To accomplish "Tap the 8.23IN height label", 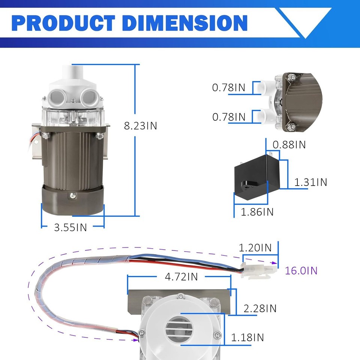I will (x=141, y=126).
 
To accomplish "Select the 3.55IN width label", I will (x=70, y=227).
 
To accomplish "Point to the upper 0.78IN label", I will (x=229, y=88).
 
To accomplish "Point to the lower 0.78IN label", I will (x=229, y=117).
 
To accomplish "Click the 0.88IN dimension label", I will (x=289, y=144).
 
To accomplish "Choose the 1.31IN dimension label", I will (x=310, y=182).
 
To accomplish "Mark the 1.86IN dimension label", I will (x=257, y=211).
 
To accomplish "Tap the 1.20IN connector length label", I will (x=255, y=247).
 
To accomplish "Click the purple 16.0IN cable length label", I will (x=301, y=270).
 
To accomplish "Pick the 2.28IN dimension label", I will (x=260, y=308).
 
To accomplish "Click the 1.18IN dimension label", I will (x=247, y=337).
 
